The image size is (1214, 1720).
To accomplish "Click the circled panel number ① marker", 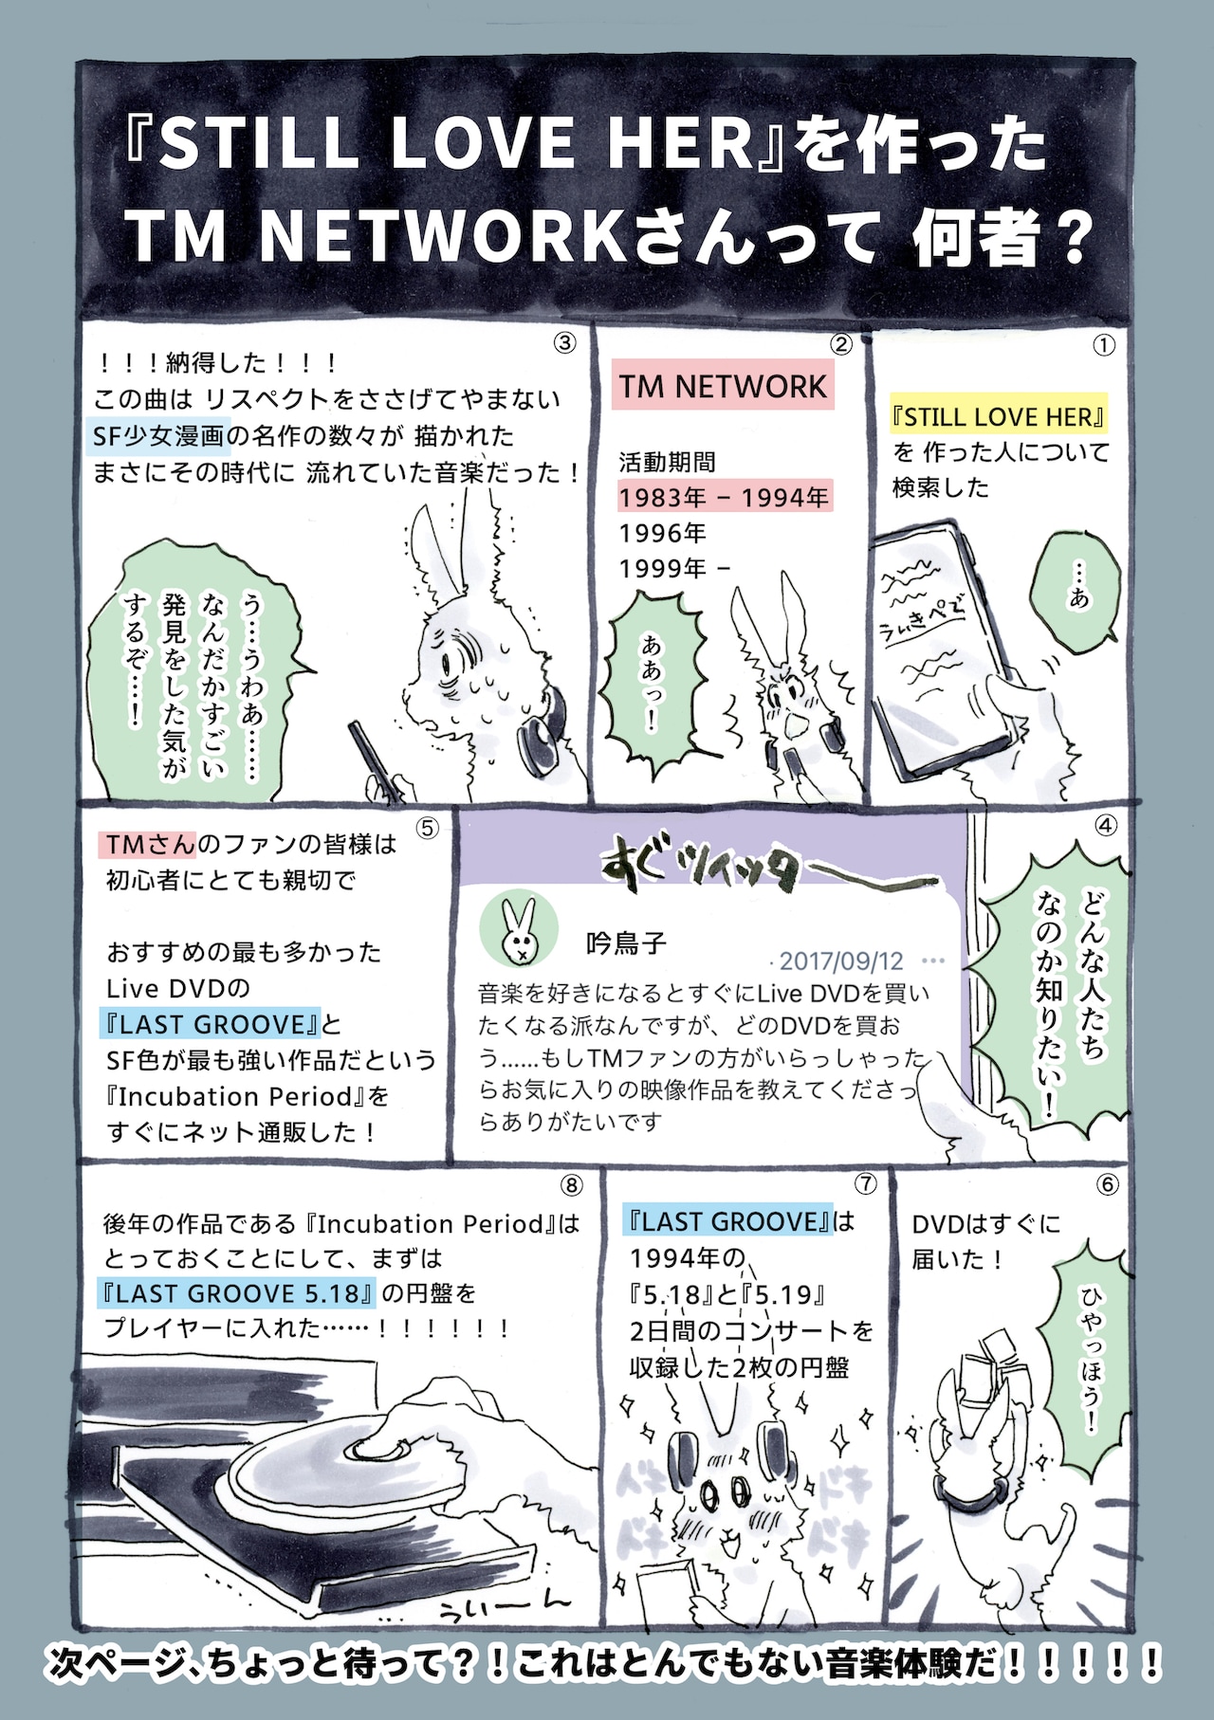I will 1103,346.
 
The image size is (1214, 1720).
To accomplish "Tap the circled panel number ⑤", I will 428,829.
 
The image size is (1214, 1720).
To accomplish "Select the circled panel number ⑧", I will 571,1185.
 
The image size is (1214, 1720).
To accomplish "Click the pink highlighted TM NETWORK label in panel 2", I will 723,386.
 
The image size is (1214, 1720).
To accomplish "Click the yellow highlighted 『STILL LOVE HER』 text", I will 999,417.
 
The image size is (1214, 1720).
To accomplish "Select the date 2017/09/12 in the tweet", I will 841,961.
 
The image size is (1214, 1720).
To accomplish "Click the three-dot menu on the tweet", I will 933,961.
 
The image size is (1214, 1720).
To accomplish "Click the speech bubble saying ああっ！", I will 653,681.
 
